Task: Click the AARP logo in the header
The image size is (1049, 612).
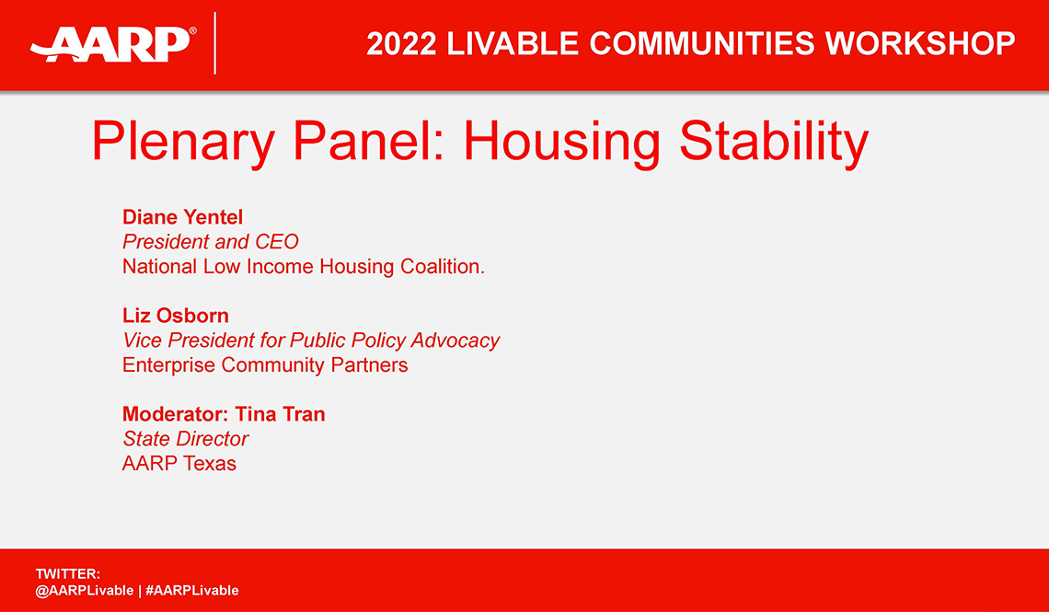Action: [112, 42]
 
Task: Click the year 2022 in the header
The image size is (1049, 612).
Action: [400, 43]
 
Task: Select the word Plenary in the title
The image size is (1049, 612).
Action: [184, 143]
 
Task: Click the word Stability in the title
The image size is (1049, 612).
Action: [773, 143]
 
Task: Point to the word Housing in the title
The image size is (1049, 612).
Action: [561, 143]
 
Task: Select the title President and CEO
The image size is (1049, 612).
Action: [210, 242]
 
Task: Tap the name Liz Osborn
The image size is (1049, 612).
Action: [175, 316]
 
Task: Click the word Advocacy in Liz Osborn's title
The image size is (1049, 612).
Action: [455, 341]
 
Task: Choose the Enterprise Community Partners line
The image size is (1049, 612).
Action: [265, 365]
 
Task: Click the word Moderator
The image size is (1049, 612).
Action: [175, 414]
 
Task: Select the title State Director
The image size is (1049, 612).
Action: [185, 439]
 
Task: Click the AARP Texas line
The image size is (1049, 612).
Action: [179, 464]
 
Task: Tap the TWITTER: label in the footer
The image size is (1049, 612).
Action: [67, 574]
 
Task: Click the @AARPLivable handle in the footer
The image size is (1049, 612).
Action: [84, 591]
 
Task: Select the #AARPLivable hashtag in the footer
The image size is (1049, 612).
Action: [191, 591]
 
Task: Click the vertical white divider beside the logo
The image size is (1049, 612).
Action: [215, 43]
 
